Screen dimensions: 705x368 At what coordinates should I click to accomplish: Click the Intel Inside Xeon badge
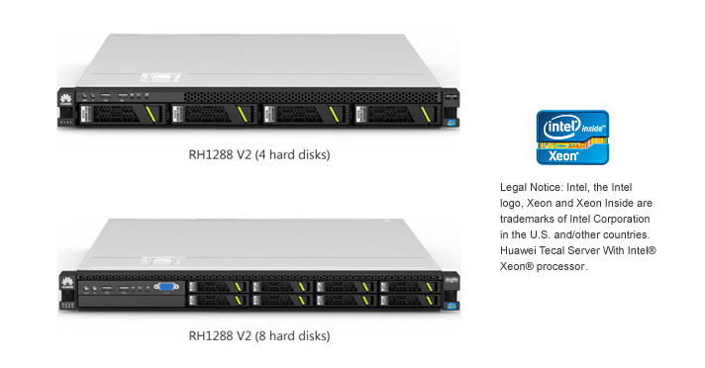[x=572, y=138]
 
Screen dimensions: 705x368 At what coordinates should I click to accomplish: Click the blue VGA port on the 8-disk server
[x=166, y=287]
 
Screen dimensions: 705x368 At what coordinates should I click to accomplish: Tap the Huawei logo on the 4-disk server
[x=65, y=99]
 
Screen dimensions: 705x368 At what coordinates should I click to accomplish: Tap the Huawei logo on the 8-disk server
[x=67, y=283]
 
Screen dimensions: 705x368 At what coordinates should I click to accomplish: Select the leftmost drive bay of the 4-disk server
[x=121, y=114]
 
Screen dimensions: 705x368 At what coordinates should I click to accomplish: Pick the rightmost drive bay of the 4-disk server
[x=396, y=114]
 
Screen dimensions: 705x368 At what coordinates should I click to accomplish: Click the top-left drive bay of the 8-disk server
[x=218, y=287]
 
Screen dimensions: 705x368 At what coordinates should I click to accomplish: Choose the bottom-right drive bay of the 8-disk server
[x=409, y=300]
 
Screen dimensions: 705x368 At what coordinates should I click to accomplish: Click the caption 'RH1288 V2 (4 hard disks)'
[x=259, y=155]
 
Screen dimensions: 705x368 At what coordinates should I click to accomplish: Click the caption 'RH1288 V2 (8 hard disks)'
[x=259, y=336]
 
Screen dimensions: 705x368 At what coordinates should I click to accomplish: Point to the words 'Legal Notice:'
[x=532, y=187]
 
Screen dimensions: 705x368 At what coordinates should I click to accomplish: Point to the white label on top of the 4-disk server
[x=160, y=78]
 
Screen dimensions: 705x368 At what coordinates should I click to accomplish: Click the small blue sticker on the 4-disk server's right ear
[x=452, y=123]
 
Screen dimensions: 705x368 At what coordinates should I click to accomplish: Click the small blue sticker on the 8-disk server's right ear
[x=452, y=307]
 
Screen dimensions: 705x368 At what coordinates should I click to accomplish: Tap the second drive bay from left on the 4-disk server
[x=213, y=114]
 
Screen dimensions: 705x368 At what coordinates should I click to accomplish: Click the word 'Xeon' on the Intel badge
[x=563, y=156]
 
